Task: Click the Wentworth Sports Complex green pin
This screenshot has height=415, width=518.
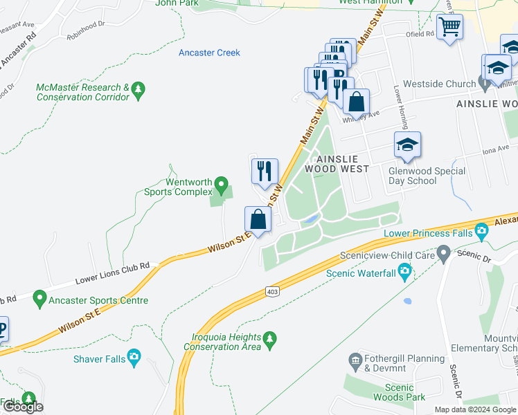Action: (x=221, y=185)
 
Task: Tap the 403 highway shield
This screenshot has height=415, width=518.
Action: (x=272, y=293)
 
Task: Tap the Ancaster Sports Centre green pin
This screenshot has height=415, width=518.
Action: (x=39, y=300)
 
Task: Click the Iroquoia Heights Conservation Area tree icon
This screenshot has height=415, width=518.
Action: (x=270, y=338)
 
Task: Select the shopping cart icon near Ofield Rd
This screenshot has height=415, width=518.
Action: (x=451, y=28)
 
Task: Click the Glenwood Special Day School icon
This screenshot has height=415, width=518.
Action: (x=407, y=145)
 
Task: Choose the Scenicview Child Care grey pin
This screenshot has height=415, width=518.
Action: (x=444, y=256)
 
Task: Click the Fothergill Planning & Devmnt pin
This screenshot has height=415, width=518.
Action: (x=356, y=360)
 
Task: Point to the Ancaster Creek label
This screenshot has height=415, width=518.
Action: (x=209, y=53)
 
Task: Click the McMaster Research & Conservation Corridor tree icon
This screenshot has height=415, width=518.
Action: (x=139, y=89)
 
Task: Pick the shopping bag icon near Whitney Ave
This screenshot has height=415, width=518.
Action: (x=356, y=102)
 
